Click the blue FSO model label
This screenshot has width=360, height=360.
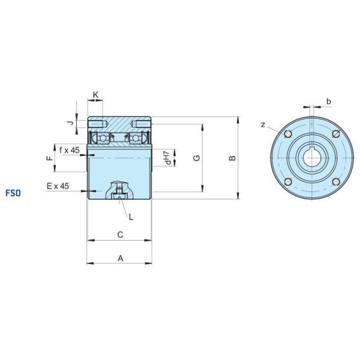(x=13, y=193)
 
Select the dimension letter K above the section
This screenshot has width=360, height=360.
(x=96, y=94)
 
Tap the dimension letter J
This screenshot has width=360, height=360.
(x=71, y=123)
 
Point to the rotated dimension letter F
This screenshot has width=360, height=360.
(x=50, y=158)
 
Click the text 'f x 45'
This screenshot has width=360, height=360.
(x=70, y=150)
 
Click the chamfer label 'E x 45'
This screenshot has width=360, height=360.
(x=58, y=186)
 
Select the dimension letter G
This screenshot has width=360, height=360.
(x=197, y=158)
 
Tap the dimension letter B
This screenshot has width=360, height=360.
(x=233, y=158)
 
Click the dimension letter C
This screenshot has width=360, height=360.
(x=120, y=235)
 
